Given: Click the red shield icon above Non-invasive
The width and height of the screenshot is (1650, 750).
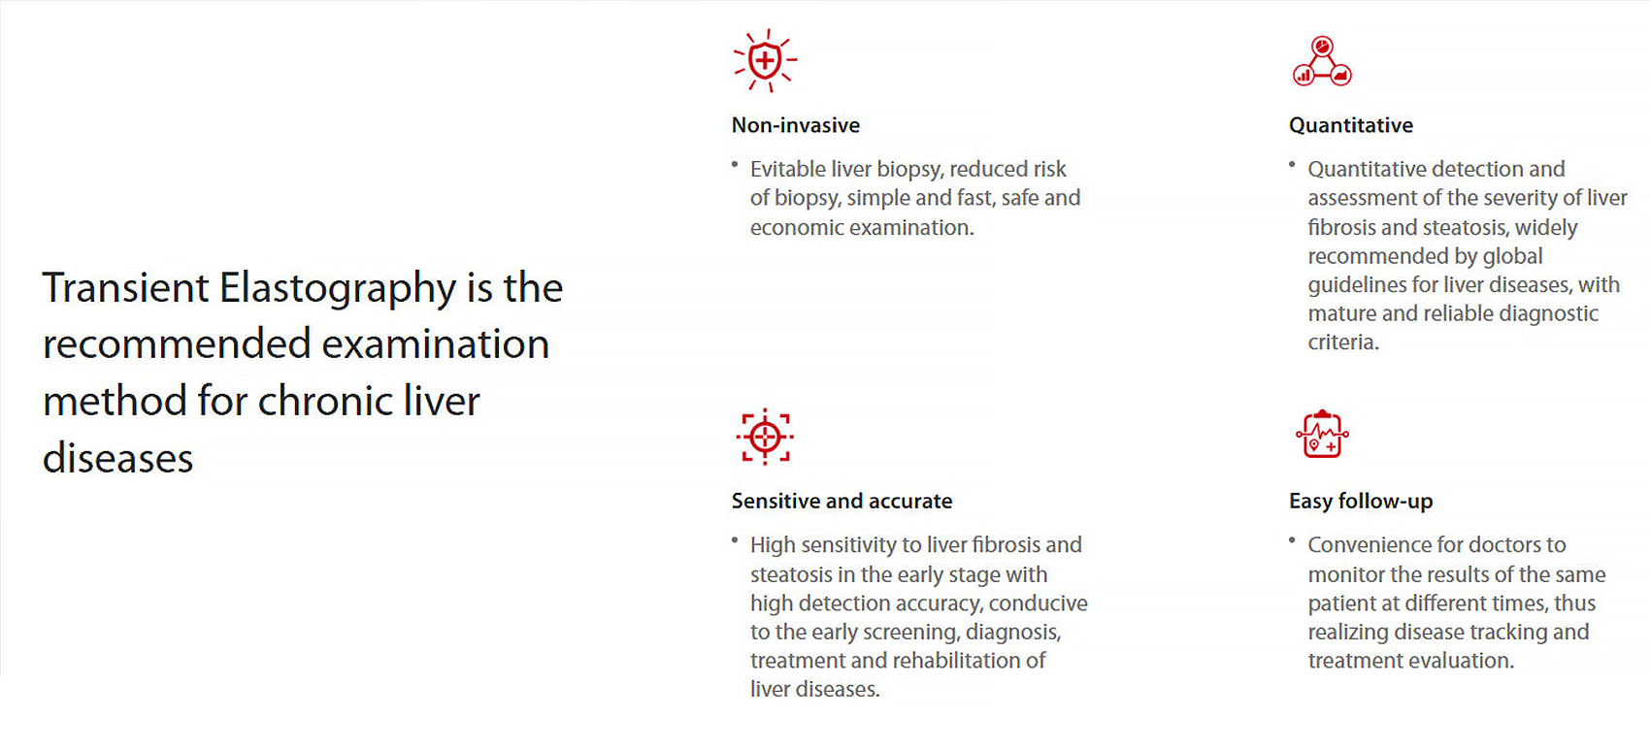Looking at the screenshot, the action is pos(766,60).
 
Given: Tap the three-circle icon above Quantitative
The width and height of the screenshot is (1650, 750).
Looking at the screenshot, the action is pos(1322,61).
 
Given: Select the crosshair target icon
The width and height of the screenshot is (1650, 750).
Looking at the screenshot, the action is pos(766,438).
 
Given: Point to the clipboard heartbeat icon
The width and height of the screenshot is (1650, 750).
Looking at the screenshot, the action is pos(1322,435).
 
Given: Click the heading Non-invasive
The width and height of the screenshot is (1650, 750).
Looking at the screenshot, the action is pos(796,125).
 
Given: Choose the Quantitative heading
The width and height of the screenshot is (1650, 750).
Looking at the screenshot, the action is pos(1351,125).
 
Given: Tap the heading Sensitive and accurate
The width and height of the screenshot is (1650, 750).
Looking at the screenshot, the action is pos(841,502).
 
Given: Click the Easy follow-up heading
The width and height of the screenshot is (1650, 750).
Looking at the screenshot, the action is pos(1361,502).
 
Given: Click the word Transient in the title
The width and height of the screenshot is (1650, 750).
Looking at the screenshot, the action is pos(126,287).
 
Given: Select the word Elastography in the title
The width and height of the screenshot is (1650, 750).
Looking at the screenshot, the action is pos(338,288).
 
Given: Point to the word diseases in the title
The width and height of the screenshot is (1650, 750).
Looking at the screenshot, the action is pos(117,458).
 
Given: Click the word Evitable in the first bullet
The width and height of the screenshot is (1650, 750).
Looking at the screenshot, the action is pos(788,169).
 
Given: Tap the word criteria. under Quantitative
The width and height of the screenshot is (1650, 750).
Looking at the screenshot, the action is pos(1343,342).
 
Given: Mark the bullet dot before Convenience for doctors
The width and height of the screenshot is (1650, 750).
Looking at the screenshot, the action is pos(1292,541).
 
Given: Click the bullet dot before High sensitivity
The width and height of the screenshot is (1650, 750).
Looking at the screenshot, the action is pos(735,541).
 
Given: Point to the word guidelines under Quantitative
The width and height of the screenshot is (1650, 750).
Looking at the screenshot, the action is pos(1357,285).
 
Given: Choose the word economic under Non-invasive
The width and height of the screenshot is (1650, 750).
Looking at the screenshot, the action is pos(798,227).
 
